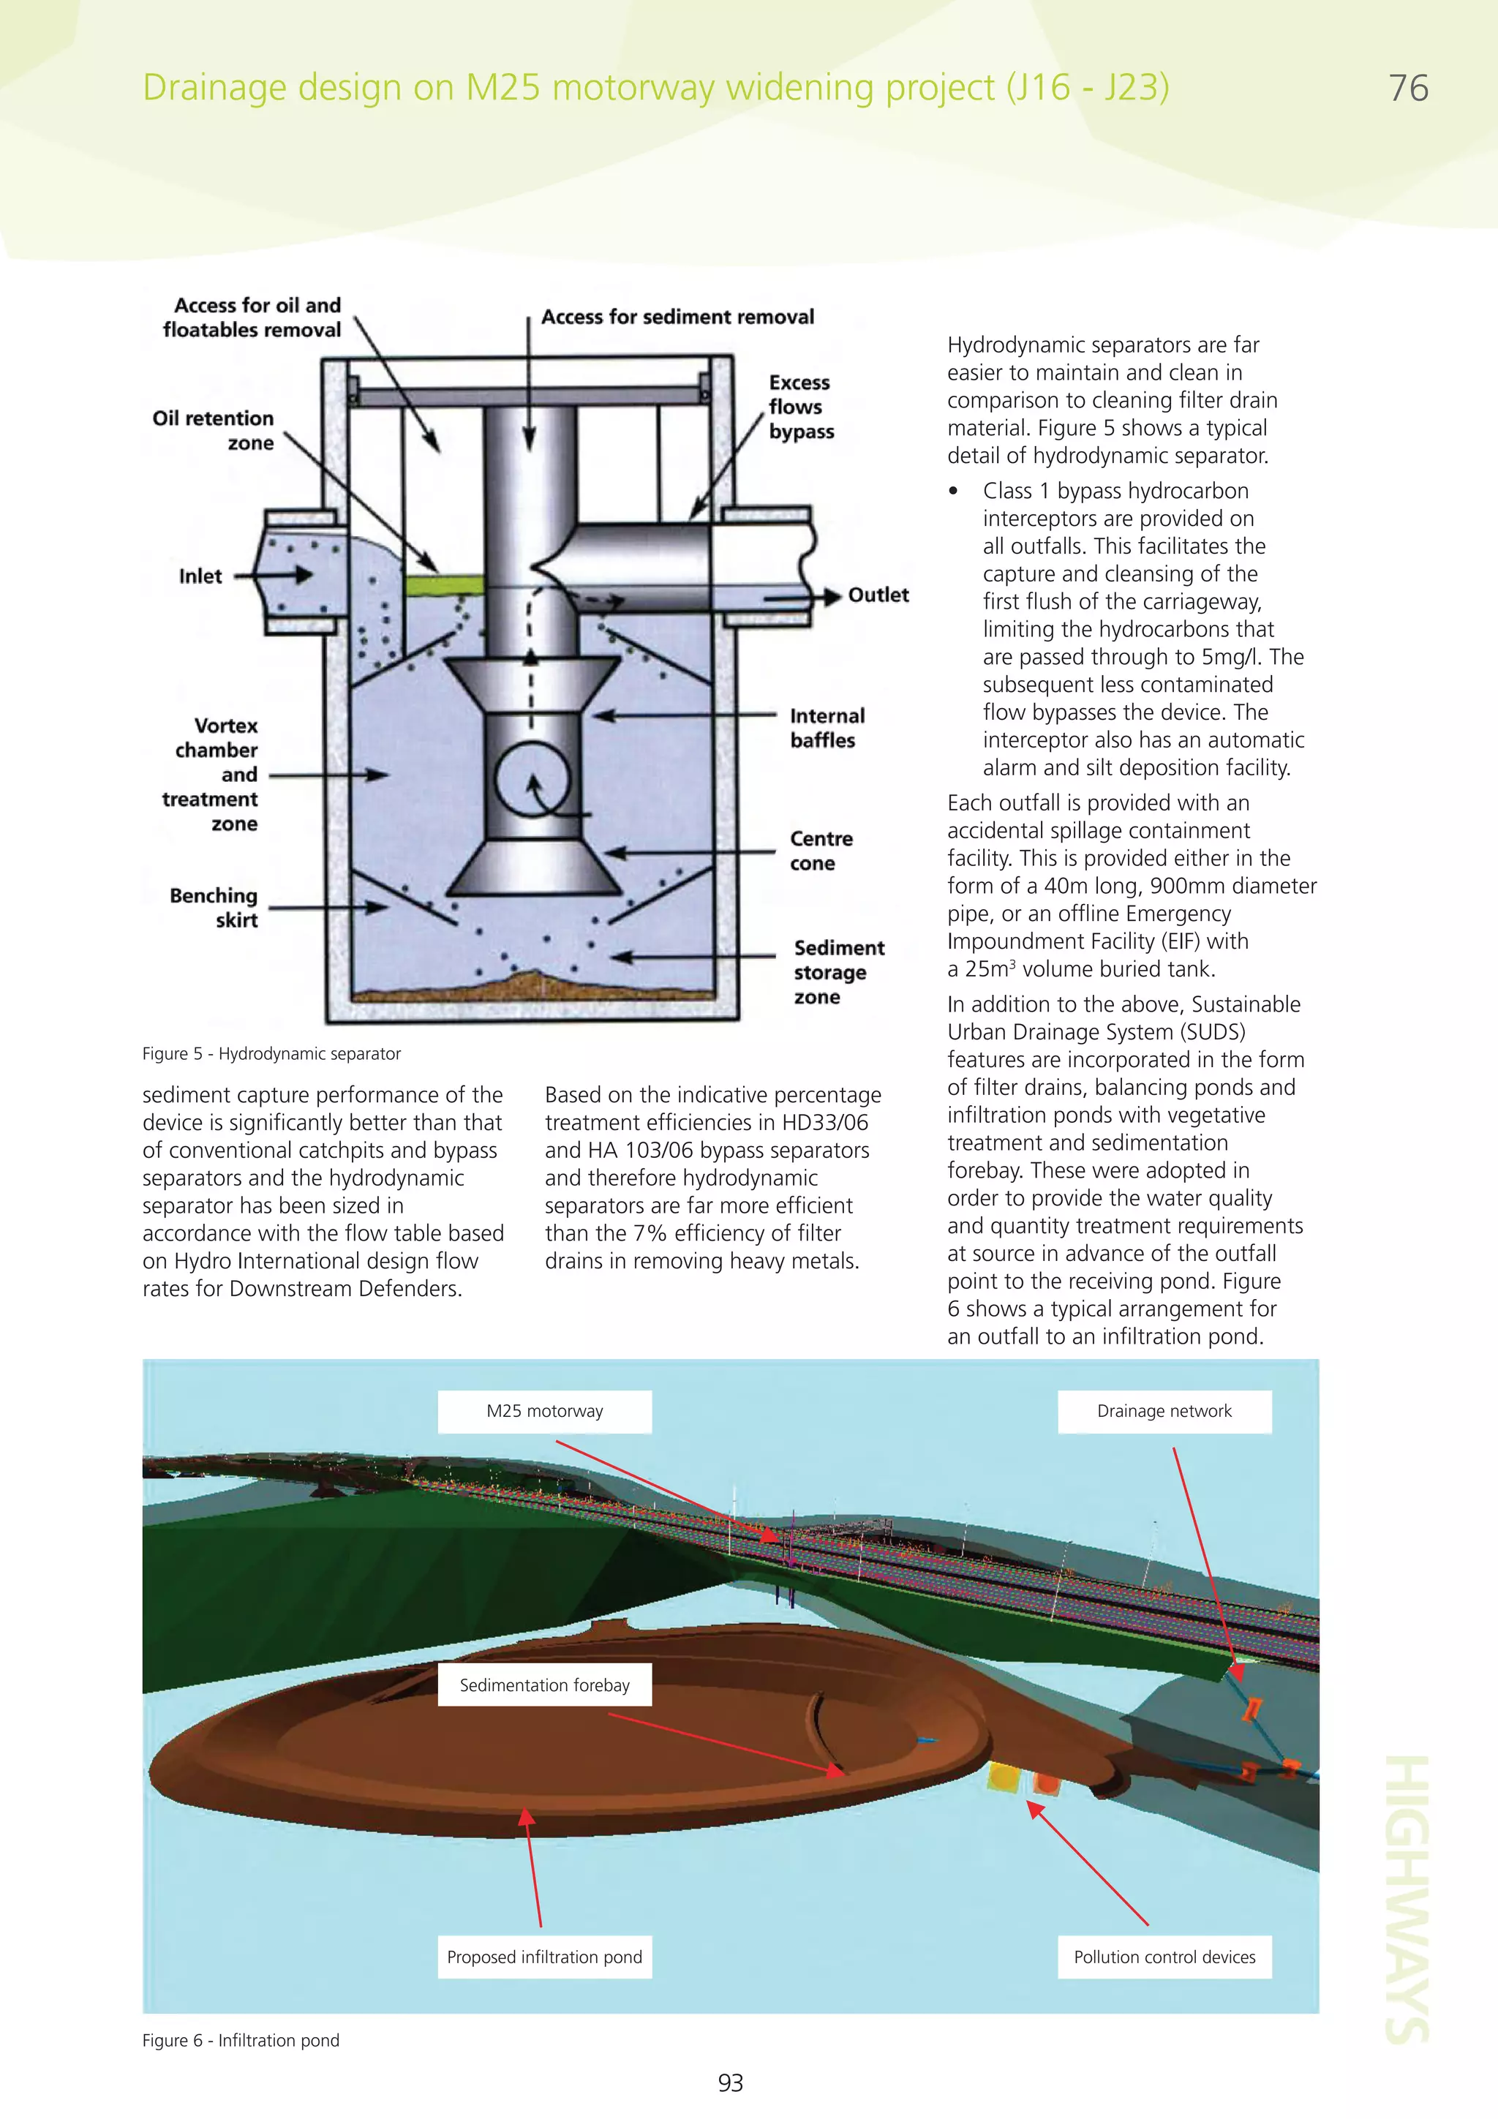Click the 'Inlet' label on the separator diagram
point(200,576)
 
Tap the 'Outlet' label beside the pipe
point(878,595)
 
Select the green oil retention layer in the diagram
point(444,585)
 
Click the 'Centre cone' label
point(820,851)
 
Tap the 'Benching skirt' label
point(215,907)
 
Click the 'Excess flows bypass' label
point(800,407)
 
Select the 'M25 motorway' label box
point(544,1411)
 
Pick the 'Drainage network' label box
point(1164,1411)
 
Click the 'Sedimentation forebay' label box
point(544,1685)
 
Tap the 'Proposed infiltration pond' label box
point(544,1957)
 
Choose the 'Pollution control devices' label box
point(1164,1957)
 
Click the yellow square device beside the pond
point(1002,1777)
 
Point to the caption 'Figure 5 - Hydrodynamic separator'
point(271,1054)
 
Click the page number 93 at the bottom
point(730,2083)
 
